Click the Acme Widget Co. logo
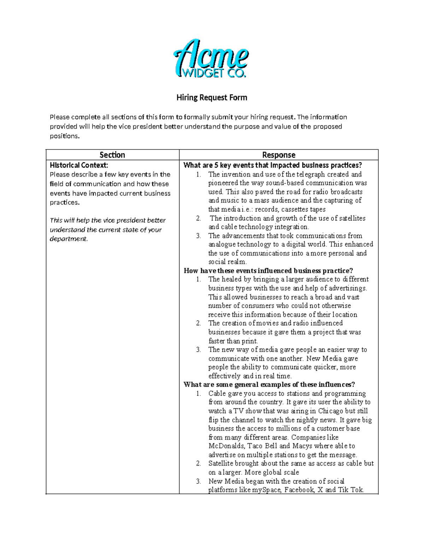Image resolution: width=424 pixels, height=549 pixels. click(x=211, y=59)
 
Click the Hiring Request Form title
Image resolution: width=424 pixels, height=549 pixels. click(x=212, y=98)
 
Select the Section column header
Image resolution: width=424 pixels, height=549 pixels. click(x=112, y=155)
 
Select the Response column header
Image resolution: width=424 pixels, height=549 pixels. click(x=278, y=155)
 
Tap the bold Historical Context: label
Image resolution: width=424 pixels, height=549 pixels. click(x=79, y=165)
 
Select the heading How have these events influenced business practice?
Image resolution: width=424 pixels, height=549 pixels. click(x=268, y=271)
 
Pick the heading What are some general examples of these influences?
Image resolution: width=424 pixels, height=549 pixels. click(x=269, y=385)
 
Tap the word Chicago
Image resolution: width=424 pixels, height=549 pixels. click(x=330, y=411)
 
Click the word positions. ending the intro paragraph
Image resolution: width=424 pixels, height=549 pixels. click(x=65, y=136)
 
